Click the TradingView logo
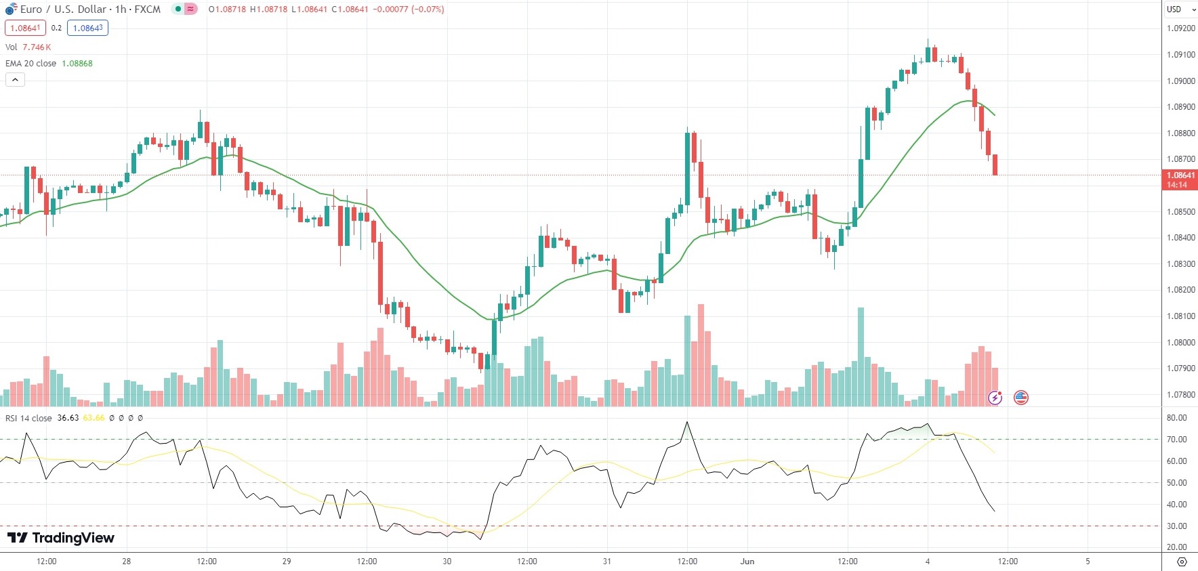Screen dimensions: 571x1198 click(x=61, y=538)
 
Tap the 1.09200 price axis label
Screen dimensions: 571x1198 click(x=1180, y=28)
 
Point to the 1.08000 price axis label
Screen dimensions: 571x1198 click(x=1180, y=343)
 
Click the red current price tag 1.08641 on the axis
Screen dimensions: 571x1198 click(x=1180, y=175)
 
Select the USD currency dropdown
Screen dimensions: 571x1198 click(x=1180, y=9)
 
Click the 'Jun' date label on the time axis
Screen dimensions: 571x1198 click(x=747, y=562)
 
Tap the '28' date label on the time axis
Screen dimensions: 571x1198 click(x=127, y=562)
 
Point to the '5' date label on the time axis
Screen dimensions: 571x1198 click(x=1088, y=562)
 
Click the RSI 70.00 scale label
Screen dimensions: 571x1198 click(x=1176, y=440)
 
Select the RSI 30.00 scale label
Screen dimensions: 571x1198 click(x=1176, y=526)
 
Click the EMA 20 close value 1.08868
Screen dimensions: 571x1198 click(x=77, y=64)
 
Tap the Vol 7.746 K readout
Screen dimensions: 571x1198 click(x=37, y=47)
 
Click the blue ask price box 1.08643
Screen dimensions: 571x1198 click(x=88, y=28)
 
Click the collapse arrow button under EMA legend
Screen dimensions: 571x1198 click(x=15, y=80)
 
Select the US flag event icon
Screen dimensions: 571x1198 click(x=1021, y=398)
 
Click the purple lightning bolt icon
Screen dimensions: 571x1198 click(x=995, y=398)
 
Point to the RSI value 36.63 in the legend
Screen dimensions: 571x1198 click(x=68, y=418)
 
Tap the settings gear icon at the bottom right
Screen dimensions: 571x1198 click(x=1182, y=562)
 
